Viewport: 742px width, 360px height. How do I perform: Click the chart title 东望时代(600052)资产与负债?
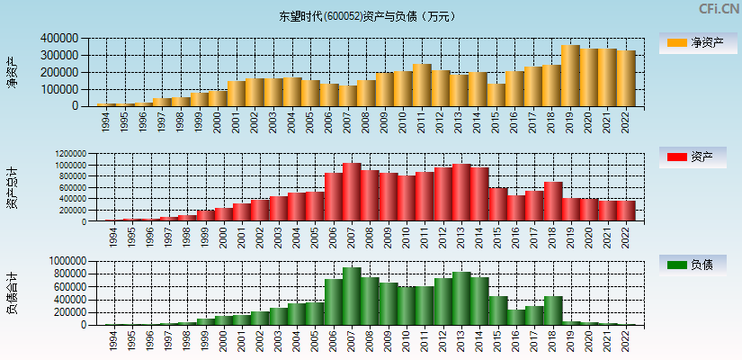point(368,16)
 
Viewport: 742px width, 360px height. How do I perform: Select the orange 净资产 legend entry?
point(693,42)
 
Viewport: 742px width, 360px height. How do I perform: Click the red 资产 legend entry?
point(693,157)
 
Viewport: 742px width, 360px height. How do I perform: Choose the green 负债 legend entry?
point(693,265)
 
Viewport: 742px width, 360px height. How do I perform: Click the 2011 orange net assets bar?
point(423,85)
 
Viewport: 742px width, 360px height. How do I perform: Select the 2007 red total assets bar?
point(352,192)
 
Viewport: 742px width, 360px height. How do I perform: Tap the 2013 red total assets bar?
point(461,192)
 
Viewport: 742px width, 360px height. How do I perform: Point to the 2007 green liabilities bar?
point(352,296)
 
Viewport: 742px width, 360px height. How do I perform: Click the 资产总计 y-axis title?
point(13,187)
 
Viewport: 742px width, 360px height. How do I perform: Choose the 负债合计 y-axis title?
point(13,292)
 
